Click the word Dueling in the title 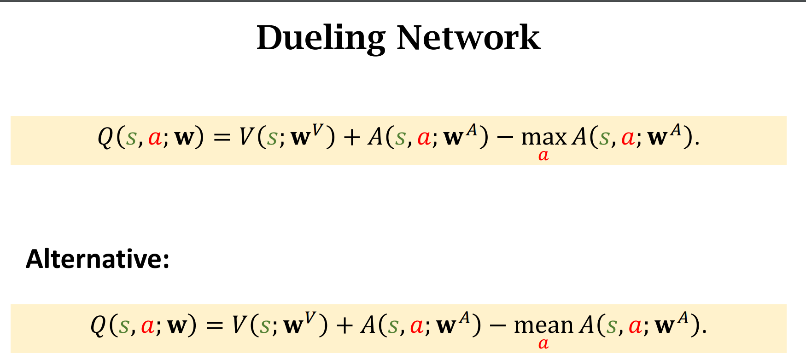tap(321, 38)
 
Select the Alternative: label tap(98, 259)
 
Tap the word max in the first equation tap(543, 137)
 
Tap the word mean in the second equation tap(543, 325)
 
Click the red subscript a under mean tap(543, 343)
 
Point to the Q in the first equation tap(105, 137)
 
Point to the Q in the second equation tap(99, 325)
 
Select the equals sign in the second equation tap(215, 326)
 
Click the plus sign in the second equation tap(345, 326)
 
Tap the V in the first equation tap(246, 137)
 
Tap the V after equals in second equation tap(239, 325)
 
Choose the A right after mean tap(587, 325)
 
